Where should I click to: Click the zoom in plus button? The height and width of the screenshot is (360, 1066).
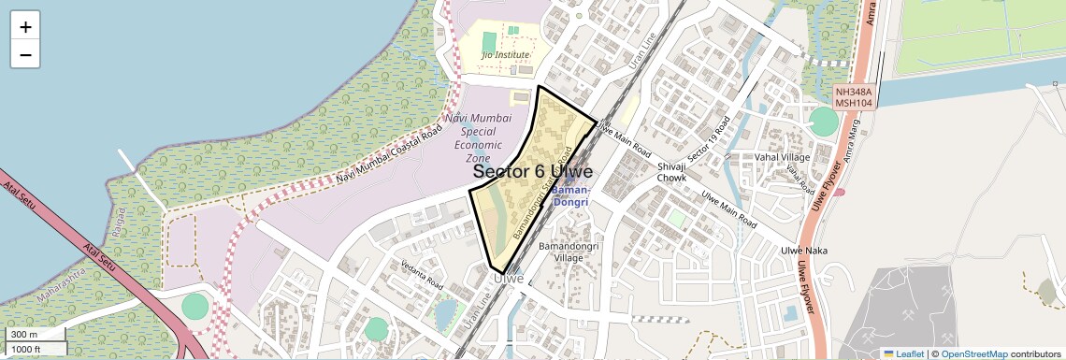(25, 27)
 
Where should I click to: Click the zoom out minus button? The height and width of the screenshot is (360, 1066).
(25, 55)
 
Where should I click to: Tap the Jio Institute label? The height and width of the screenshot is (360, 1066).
(505, 55)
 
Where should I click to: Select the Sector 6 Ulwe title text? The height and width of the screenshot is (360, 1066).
(532, 172)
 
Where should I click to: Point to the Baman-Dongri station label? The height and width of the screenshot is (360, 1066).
(570, 195)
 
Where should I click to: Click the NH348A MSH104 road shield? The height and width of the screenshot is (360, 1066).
(854, 98)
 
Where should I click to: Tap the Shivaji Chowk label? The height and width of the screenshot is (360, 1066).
(671, 171)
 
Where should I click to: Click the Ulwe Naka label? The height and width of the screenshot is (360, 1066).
(804, 251)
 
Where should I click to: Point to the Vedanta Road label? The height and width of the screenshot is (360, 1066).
(421, 273)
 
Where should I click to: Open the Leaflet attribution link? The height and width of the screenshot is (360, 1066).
(903, 353)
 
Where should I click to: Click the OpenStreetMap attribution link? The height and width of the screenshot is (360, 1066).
(973, 353)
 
